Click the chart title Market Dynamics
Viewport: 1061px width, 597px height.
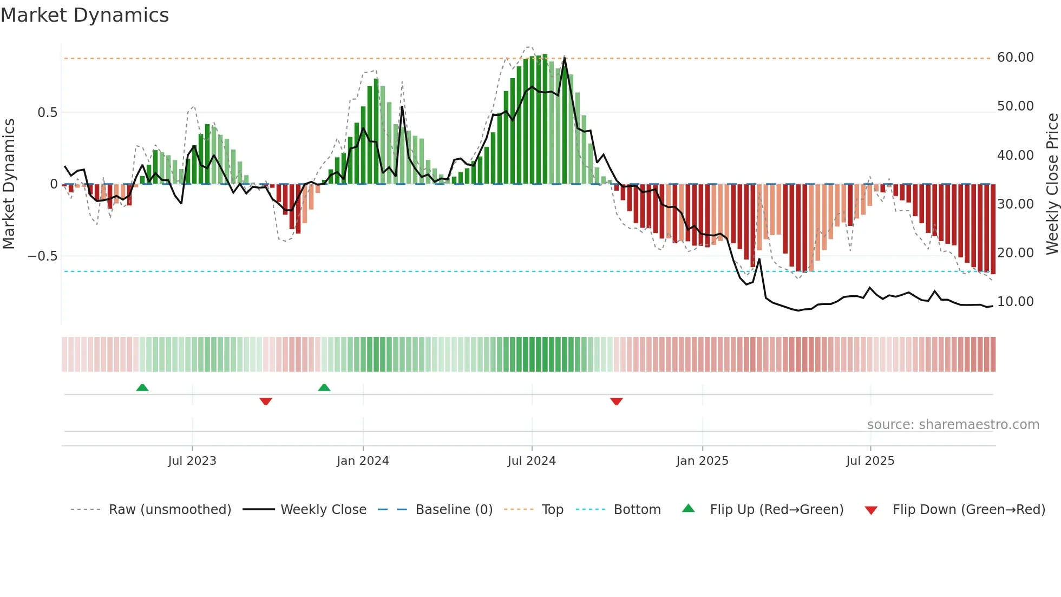click(x=85, y=15)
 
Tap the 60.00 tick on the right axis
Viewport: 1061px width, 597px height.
click(x=1015, y=57)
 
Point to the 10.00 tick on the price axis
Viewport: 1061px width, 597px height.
click(x=1015, y=302)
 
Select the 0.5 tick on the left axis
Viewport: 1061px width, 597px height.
click(x=47, y=113)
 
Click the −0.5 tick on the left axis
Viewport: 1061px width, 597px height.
click(x=43, y=256)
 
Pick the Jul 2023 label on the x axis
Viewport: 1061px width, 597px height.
click(x=192, y=461)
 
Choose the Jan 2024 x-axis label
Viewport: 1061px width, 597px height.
click(x=363, y=461)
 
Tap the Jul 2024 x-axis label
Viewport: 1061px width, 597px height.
click(x=532, y=461)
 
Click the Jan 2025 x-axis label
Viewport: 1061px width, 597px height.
click(x=702, y=461)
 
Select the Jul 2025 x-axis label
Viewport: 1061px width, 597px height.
click(x=870, y=461)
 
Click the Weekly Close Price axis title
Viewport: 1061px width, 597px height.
click(x=1052, y=184)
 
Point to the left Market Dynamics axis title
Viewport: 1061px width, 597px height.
click(x=9, y=184)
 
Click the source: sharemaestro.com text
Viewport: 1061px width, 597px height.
click(x=953, y=425)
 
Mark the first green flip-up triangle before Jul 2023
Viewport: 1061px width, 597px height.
click(x=142, y=388)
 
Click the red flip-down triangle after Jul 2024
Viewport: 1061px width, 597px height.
click(x=616, y=401)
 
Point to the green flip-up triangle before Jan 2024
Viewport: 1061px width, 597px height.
click(x=324, y=388)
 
